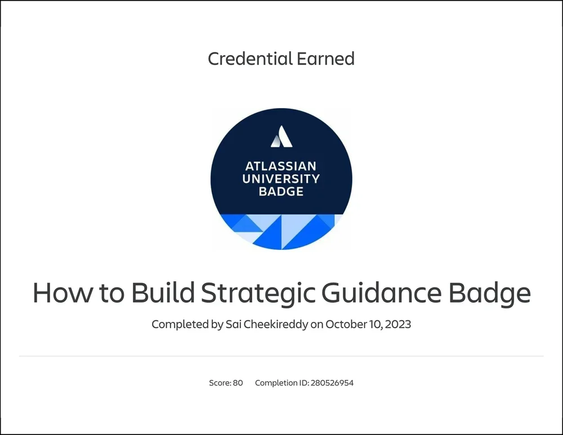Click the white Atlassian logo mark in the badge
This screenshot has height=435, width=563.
point(281,137)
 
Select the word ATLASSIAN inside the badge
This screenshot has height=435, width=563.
point(281,167)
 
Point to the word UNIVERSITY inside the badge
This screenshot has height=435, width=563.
point(281,179)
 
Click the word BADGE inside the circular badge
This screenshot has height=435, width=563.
point(281,191)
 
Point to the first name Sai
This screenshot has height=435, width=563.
point(234,324)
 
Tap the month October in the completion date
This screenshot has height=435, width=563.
point(345,324)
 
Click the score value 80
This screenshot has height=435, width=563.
point(238,383)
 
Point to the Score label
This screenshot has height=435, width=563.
point(220,383)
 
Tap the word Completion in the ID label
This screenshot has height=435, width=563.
point(276,383)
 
